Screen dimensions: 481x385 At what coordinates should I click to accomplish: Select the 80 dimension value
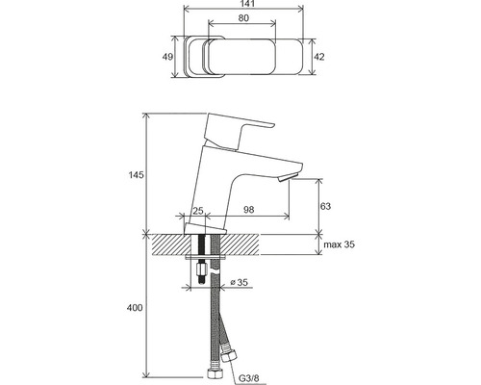pyautogui.click(x=243, y=18)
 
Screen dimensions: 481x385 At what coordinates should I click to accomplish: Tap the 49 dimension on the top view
pyautogui.click(x=167, y=57)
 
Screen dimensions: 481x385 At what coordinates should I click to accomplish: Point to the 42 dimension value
pyautogui.click(x=319, y=57)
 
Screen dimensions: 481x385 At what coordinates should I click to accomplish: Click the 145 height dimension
pyautogui.click(x=137, y=175)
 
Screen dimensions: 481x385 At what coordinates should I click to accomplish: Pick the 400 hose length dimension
pyautogui.click(x=135, y=308)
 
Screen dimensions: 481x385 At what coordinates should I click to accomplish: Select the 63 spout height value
pyautogui.click(x=325, y=206)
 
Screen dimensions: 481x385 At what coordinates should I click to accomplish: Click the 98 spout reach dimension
pyautogui.click(x=249, y=210)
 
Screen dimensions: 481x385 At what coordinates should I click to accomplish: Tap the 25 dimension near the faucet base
pyautogui.click(x=198, y=211)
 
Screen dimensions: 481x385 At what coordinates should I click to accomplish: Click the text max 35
pyautogui.click(x=340, y=244)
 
